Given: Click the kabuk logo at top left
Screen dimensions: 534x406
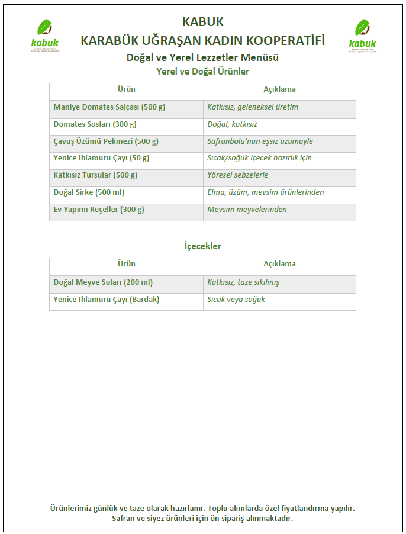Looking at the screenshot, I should tap(44, 36).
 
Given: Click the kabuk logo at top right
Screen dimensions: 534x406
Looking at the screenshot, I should tap(362, 36).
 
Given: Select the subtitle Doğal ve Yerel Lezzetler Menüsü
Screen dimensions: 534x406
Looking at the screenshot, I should tap(202, 57).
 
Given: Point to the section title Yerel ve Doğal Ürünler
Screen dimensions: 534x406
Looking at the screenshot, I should tap(202, 72).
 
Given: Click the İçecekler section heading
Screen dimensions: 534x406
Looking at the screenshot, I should tap(202, 246).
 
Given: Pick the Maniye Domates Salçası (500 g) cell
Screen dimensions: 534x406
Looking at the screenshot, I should tap(109, 107).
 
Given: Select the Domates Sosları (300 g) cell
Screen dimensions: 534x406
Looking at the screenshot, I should tap(95, 124).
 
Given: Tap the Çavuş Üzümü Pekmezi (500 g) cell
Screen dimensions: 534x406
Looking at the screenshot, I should tap(106, 141).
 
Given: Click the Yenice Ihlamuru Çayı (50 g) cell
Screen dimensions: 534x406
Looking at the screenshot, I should tap(101, 158).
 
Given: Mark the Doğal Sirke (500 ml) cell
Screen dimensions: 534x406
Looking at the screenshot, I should tap(89, 192).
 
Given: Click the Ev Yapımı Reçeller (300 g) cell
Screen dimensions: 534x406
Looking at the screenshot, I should tap(99, 210).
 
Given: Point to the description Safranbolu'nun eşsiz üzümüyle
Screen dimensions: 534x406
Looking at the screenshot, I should tap(260, 141).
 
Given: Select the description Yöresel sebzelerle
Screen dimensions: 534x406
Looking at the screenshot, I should tap(237, 175).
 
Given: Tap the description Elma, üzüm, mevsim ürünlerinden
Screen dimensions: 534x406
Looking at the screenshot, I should tap(265, 192).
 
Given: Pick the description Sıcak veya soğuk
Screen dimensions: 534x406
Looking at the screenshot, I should tap(236, 300).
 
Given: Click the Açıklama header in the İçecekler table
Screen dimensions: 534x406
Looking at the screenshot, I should tap(279, 263).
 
